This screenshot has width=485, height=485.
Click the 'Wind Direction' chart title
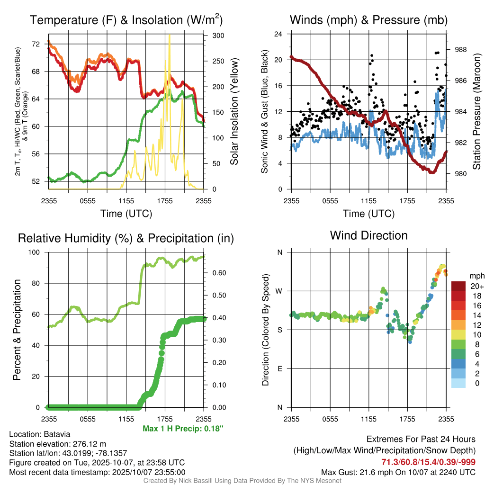click(368, 235)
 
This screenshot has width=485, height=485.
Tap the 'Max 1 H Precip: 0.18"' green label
click(183, 429)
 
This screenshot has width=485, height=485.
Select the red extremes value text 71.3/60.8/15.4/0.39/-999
click(428, 462)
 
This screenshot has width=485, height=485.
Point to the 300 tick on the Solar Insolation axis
click(218, 36)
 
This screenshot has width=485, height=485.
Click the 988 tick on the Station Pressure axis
click(461, 49)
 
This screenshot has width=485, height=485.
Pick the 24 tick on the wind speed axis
click(278, 34)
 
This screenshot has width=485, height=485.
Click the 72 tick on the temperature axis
click(36, 44)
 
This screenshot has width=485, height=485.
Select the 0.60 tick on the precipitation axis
click(218, 273)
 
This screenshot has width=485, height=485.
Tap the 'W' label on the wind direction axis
click(279, 291)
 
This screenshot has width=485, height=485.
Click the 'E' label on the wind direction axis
click(280, 368)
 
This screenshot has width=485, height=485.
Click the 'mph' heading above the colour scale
click(476, 276)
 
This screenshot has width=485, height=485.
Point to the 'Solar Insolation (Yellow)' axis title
click(234, 112)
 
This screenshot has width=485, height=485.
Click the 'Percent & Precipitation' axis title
click(17, 330)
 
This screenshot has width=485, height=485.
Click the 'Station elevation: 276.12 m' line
click(57, 444)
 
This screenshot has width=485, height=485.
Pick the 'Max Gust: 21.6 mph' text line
click(398, 472)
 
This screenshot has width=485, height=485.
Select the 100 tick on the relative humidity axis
click(35, 252)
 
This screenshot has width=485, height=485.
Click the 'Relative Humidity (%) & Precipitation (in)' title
click(126, 238)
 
